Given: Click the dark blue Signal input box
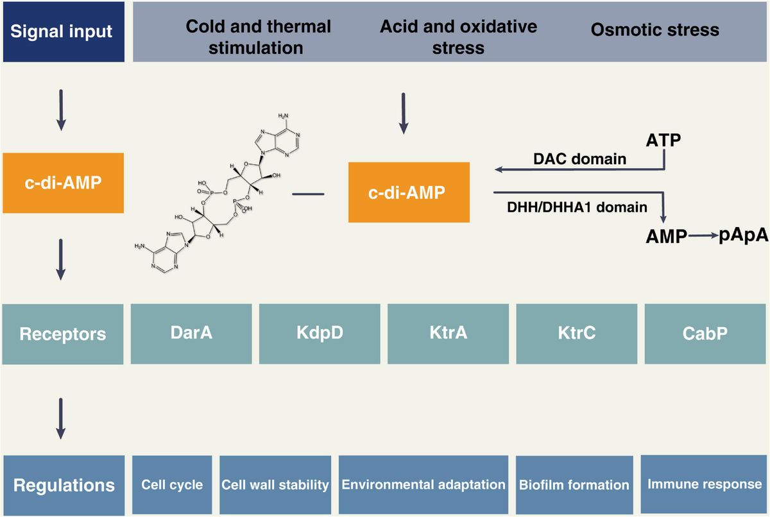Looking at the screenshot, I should coord(62,31).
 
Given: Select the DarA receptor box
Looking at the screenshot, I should coord(191,333).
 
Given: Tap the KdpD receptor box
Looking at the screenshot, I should coord(320,333).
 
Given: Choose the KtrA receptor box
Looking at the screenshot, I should coord(448,333).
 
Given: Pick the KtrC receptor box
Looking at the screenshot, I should coord(576,333).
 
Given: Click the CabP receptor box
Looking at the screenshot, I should coord(704,333).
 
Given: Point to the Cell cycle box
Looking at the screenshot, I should coord(172,484).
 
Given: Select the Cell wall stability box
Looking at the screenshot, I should coord(275,484).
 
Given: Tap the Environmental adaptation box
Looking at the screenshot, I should coord(424,484).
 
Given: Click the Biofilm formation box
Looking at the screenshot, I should coord(574,484).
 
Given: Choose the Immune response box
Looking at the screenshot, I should coord(705,484).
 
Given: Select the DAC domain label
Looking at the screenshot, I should coord(579,158).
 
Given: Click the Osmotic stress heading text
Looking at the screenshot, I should coord(654,30).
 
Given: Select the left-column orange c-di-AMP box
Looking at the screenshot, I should coord(62,183).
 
